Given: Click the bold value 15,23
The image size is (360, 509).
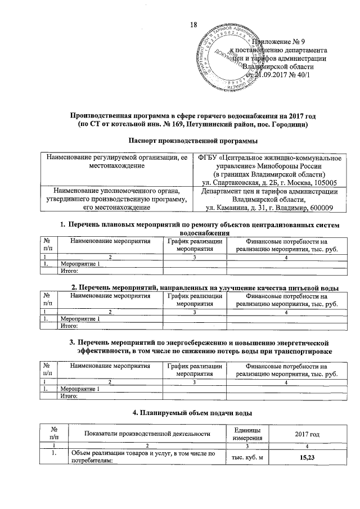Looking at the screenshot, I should (307, 457).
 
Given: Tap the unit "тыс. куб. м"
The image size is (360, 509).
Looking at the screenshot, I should (251, 457).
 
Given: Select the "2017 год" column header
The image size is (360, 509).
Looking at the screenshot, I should (307, 433).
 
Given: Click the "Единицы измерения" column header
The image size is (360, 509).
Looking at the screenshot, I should (251, 433).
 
